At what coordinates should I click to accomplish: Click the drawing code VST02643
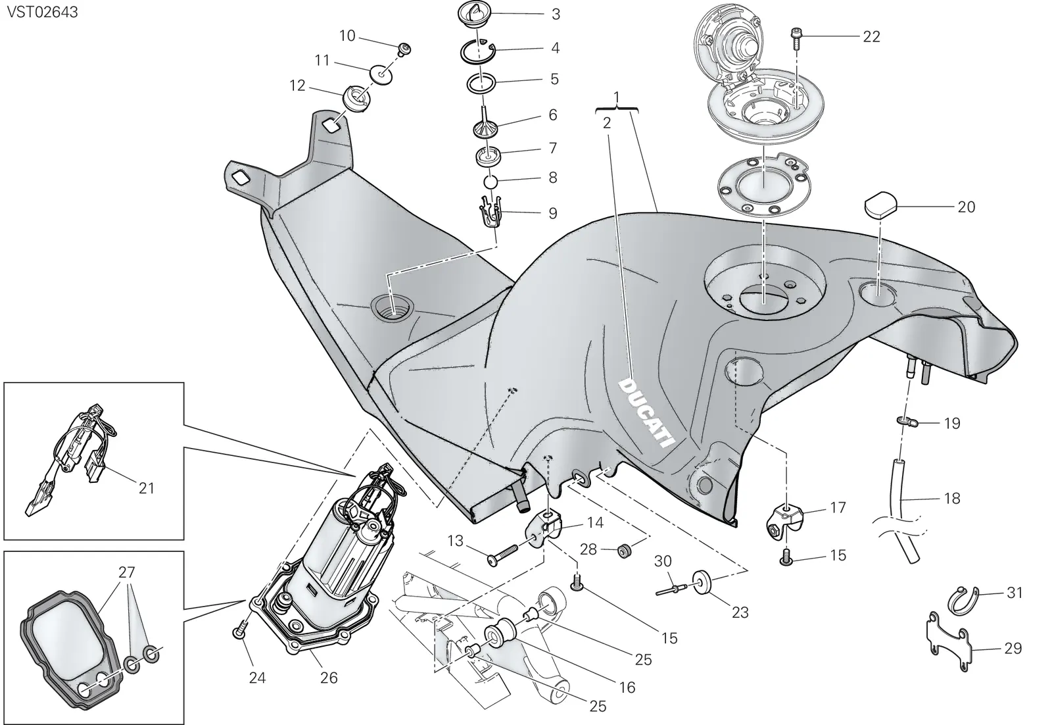pyautogui.click(x=42, y=12)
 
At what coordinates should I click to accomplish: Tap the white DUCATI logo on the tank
pyautogui.click(x=647, y=413)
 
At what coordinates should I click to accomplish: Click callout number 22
pyautogui.click(x=872, y=36)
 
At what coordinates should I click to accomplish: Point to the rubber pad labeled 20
pyautogui.click(x=881, y=205)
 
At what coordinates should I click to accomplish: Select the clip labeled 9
pyautogui.click(x=490, y=213)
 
